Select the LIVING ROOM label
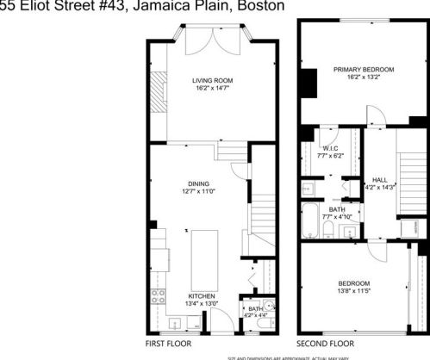(x=212, y=80)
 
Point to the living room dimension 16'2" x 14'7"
(x=212, y=88)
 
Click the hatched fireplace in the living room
(x=158, y=85)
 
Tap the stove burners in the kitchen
(x=158, y=299)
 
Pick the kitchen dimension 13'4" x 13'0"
(x=202, y=303)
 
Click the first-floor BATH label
(x=255, y=308)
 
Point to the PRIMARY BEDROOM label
(x=365, y=69)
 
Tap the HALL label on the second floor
(x=380, y=178)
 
